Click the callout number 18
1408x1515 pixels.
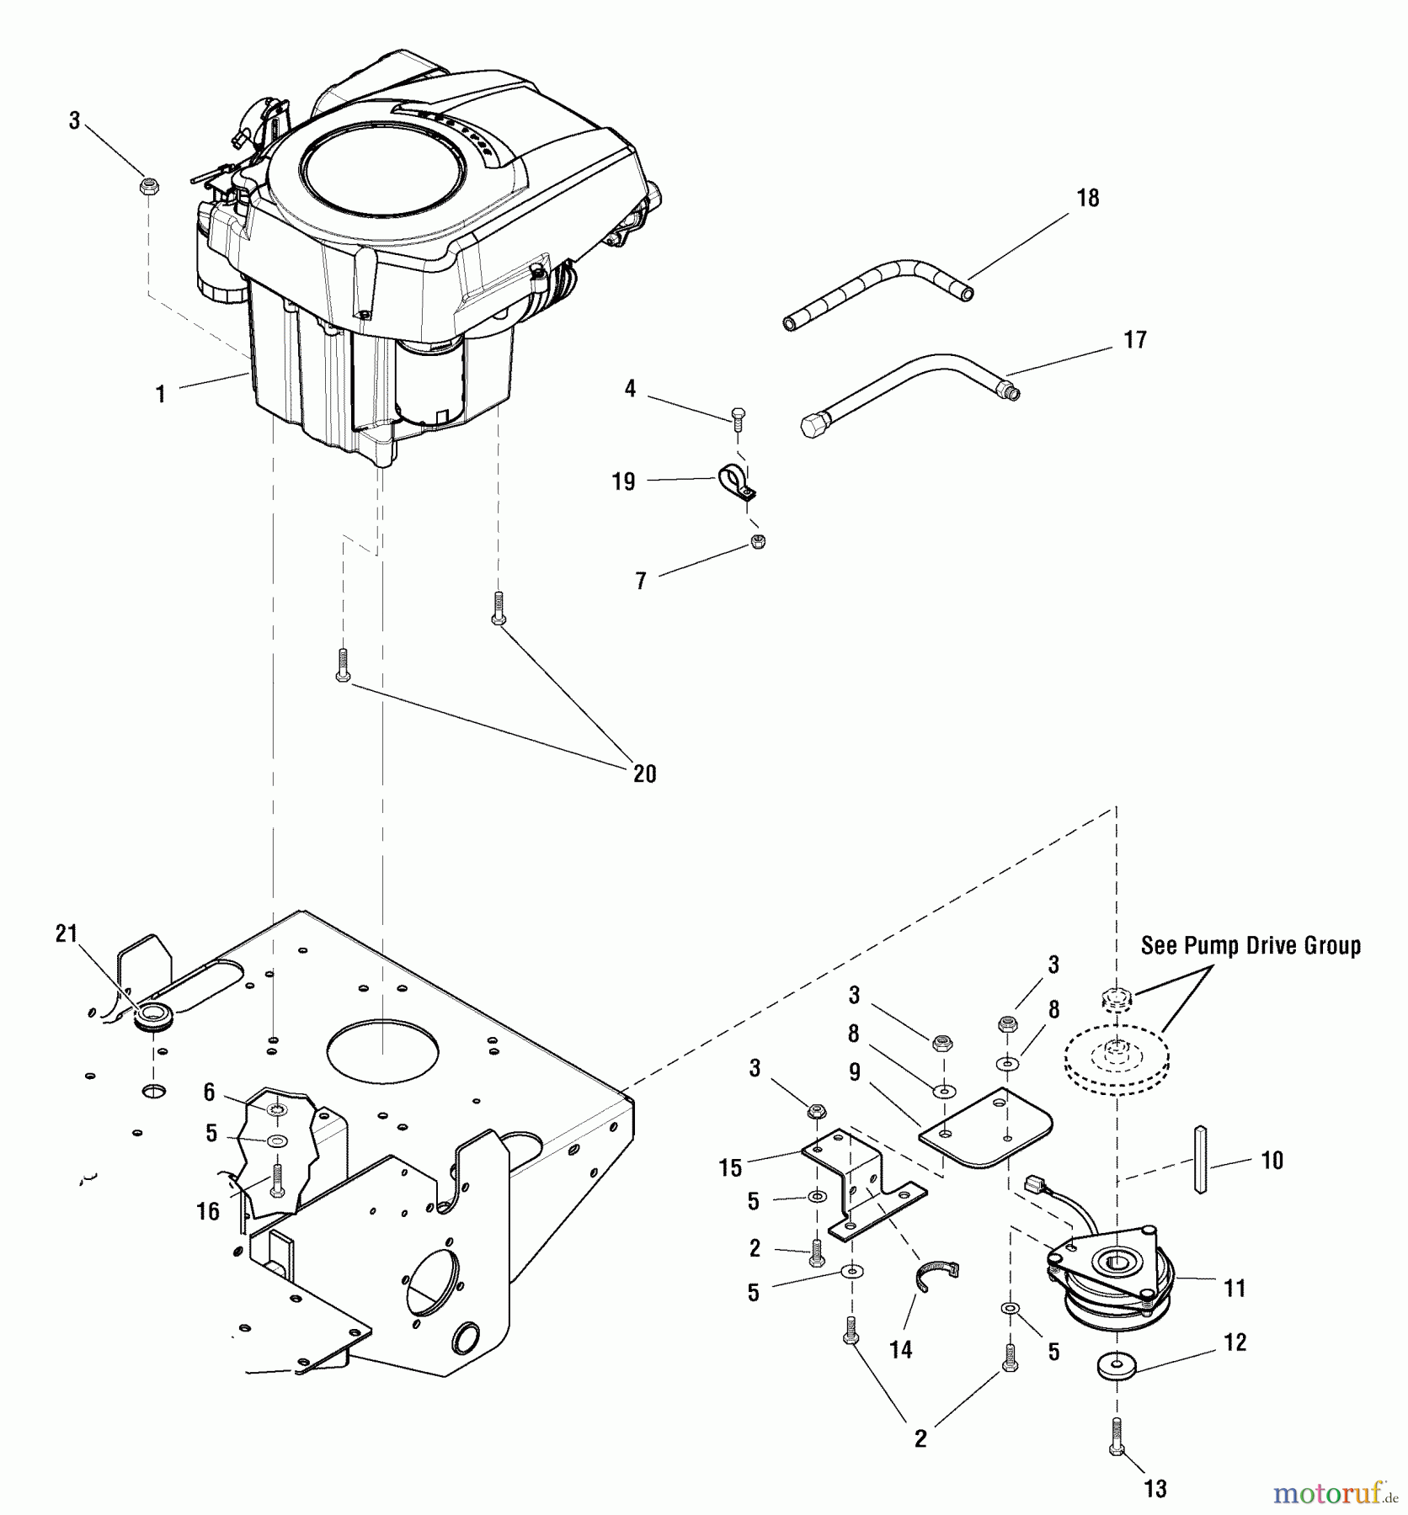pos(1088,199)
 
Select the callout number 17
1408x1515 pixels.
pos(1135,340)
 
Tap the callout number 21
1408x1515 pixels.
pos(67,933)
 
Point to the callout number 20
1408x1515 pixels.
pos(644,773)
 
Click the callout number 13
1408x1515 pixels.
pos(1155,1489)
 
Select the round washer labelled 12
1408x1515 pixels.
pos(1117,1367)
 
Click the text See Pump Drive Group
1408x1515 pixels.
pos(1250,946)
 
